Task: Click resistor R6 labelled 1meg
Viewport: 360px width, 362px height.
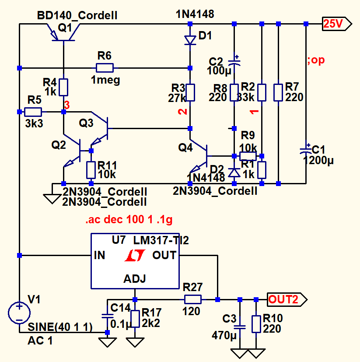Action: (x=105, y=68)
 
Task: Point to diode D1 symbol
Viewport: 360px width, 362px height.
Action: (x=190, y=40)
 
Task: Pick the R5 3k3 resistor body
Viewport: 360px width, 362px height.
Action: (x=33, y=112)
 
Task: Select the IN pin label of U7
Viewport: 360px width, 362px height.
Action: (x=99, y=255)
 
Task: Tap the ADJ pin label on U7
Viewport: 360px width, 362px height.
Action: (x=135, y=279)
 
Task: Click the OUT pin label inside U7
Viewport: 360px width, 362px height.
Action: (x=164, y=255)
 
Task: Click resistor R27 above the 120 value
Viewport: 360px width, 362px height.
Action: (x=192, y=299)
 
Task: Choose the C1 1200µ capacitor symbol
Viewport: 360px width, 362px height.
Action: (x=306, y=150)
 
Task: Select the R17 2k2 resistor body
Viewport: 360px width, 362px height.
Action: (x=135, y=318)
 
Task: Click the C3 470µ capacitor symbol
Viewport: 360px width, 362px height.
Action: (x=240, y=327)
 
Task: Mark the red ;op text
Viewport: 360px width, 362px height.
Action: (x=316, y=60)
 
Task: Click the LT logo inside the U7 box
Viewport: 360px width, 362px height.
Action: (x=134, y=256)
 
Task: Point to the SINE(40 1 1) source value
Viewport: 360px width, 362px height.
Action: (x=60, y=327)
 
